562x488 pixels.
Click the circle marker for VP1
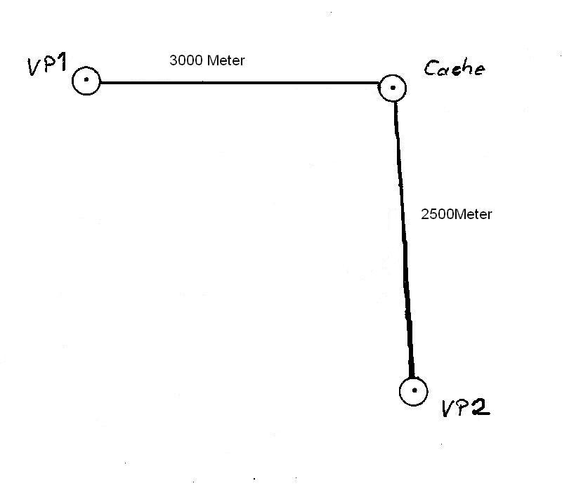[x=86, y=81]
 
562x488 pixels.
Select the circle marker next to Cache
[x=392, y=88]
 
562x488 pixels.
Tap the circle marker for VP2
[x=413, y=391]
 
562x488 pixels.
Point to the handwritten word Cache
[x=454, y=69]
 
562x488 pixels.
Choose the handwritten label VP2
[x=465, y=408]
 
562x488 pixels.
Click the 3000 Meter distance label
[x=207, y=60]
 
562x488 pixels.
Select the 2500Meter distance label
[x=456, y=214]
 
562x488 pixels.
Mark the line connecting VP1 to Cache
[x=239, y=83]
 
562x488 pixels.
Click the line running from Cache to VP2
[x=403, y=232]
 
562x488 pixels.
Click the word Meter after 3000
[x=226, y=60]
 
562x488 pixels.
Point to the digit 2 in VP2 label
[x=480, y=407]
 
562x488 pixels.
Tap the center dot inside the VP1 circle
[x=86, y=80]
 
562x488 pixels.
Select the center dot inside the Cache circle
[x=393, y=88]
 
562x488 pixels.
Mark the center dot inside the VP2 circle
[x=414, y=390]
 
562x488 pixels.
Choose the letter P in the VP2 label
[x=464, y=408]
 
